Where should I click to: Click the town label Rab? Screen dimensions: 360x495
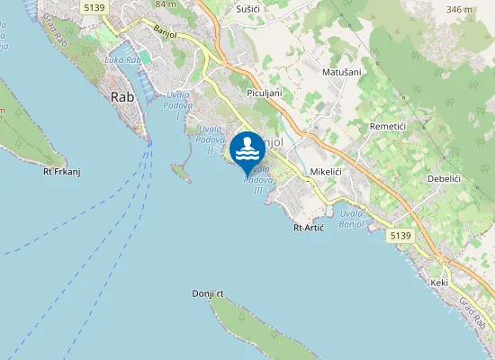(x=122, y=97)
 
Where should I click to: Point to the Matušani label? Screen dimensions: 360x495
(x=342, y=70)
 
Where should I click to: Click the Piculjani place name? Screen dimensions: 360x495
(x=265, y=93)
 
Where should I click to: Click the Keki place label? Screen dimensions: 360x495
(x=439, y=283)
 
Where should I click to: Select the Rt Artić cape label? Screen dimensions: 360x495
(x=309, y=229)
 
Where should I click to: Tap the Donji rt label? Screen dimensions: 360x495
(x=207, y=294)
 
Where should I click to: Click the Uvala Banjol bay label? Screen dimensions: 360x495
(x=352, y=219)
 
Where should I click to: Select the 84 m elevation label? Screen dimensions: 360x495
(x=165, y=4)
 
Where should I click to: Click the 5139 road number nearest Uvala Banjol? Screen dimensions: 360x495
(x=401, y=235)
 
